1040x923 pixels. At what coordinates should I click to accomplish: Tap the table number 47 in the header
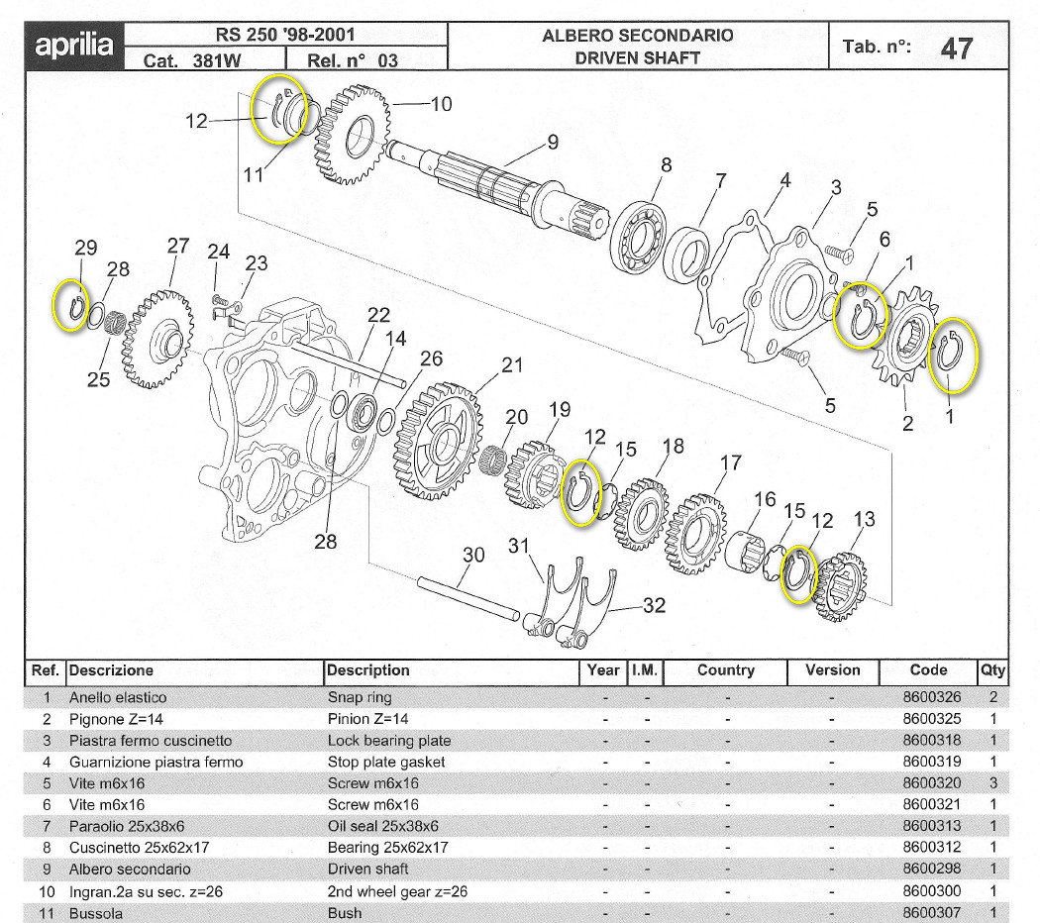coord(956,48)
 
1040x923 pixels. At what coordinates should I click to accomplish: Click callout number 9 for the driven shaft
coord(553,142)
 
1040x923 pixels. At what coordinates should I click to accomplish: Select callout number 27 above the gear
coord(177,247)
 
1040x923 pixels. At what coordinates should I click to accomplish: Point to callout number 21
coord(511,364)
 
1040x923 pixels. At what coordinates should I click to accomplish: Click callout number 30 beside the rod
coord(473,555)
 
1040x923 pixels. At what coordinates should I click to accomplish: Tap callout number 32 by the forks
coord(654,605)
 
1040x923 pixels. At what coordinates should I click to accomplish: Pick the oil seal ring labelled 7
coord(691,254)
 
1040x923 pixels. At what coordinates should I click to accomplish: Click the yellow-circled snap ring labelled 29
coord(71,306)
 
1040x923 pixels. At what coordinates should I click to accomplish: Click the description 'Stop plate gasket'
coord(386,762)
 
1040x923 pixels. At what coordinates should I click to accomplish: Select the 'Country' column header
coord(725,670)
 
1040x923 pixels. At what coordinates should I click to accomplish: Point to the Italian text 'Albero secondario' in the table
coord(130,870)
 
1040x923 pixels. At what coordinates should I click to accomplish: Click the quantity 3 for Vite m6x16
coord(992,783)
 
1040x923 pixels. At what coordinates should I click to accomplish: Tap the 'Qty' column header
coord(992,670)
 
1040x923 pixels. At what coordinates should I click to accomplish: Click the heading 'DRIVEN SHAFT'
coord(637,57)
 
